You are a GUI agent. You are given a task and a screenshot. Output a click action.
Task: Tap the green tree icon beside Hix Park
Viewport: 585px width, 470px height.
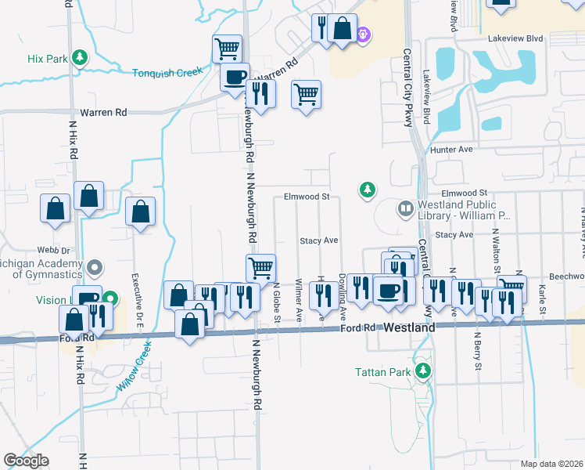[79, 57]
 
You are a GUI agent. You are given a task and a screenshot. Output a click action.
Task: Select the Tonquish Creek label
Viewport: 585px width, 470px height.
[167, 72]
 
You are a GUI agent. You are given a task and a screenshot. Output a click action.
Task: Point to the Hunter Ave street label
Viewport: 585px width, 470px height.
[451, 149]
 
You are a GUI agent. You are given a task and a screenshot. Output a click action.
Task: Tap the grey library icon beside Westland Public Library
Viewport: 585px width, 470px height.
[405, 208]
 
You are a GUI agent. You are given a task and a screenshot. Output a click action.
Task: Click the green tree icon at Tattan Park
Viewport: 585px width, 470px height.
[423, 371]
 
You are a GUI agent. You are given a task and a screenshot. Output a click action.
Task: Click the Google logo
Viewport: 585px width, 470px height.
[26, 461]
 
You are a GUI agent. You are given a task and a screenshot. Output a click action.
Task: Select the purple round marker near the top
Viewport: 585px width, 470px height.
[362, 34]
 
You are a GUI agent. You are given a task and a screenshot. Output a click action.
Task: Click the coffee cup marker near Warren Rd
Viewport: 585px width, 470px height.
[234, 78]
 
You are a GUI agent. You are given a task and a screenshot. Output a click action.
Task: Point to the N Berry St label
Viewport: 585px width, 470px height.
[476, 345]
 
